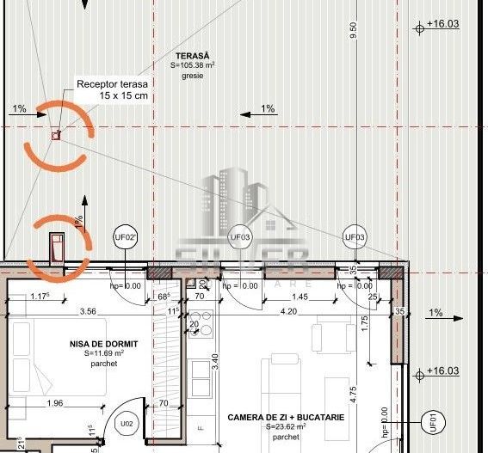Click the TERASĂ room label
point(192,54)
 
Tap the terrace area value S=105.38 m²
point(192,64)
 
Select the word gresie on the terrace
point(192,76)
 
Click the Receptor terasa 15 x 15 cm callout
point(112,89)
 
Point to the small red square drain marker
point(56,135)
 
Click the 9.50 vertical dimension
point(353,31)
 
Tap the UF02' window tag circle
point(126,237)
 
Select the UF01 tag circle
point(432,422)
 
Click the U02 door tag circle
point(127,423)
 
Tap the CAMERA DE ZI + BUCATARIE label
point(286,417)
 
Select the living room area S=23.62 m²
point(286,426)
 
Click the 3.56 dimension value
point(88,311)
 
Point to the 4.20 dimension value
point(289,311)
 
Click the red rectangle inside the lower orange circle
point(57,248)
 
